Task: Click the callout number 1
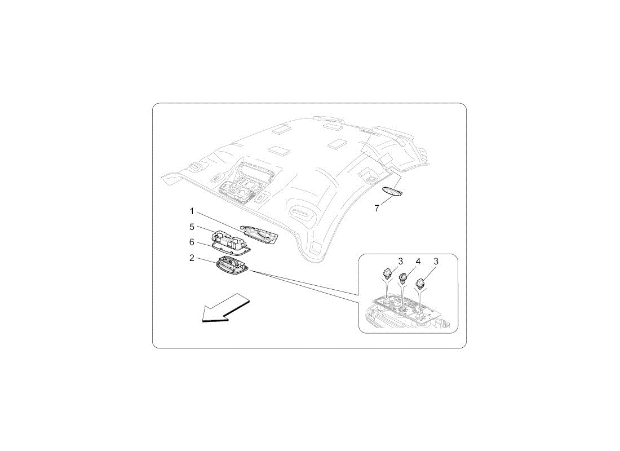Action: click(x=192, y=211)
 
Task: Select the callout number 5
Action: click(x=192, y=227)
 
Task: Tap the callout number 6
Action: click(x=192, y=242)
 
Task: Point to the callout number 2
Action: click(x=192, y=258)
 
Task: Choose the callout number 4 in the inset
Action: click(x=418, y=262)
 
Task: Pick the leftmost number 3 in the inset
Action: click(x=401, y=262)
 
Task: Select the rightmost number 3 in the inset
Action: click(x=436, y=262)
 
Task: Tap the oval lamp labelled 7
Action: click(x=392, y=192)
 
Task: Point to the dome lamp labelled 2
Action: click(x=232, y=263)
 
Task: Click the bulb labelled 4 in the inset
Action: click(x=404, y=278)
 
